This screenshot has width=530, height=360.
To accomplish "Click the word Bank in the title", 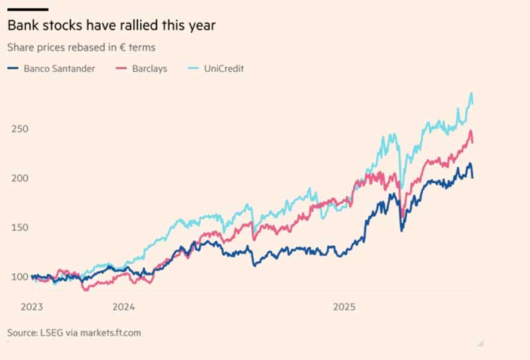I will tap(21, 25).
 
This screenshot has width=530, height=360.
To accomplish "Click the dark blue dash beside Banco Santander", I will tap(12, 69).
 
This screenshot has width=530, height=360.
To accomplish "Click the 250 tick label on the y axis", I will tap(20, 129).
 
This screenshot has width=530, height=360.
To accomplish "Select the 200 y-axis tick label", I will tap(20, 178).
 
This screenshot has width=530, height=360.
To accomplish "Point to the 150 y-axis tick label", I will tap(20, 228).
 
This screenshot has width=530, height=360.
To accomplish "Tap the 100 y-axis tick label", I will tap(20, 277).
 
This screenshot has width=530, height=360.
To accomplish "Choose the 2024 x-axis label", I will tap(123, 306).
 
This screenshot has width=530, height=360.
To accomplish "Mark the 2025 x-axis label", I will tap(345, 306).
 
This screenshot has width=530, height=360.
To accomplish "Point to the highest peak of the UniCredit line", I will tap(471, 93).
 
